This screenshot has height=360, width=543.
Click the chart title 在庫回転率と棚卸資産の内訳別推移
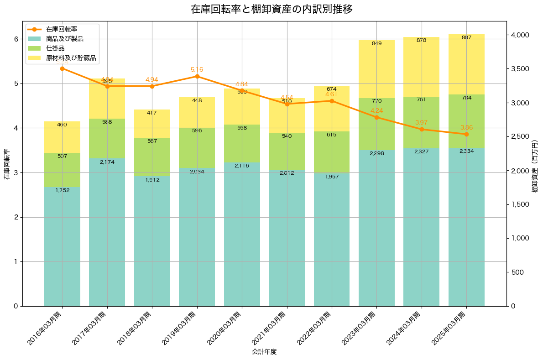(x=271, y=9)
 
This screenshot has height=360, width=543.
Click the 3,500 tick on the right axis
(x=521, y=69)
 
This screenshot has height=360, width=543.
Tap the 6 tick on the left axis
(x=16, y=39)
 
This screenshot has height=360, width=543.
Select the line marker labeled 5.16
(x=197, y=76)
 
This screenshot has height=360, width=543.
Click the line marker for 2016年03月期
(x=62, y=68)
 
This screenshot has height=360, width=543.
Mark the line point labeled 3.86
(x=466, y=134)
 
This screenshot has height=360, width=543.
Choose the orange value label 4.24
(x=376, y=111)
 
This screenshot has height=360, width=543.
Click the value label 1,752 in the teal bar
(x=62, y=190)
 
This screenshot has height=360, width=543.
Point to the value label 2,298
(x=376, y=154)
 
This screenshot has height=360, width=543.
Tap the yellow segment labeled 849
(x=376, y=68)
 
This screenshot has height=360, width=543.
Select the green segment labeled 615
(x=332, y=152)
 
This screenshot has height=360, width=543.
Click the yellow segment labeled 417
(x=152, y=123)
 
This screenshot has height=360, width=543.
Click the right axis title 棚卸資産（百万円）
(x=535, y=167)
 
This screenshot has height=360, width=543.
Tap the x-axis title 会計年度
(x=264, y=352)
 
